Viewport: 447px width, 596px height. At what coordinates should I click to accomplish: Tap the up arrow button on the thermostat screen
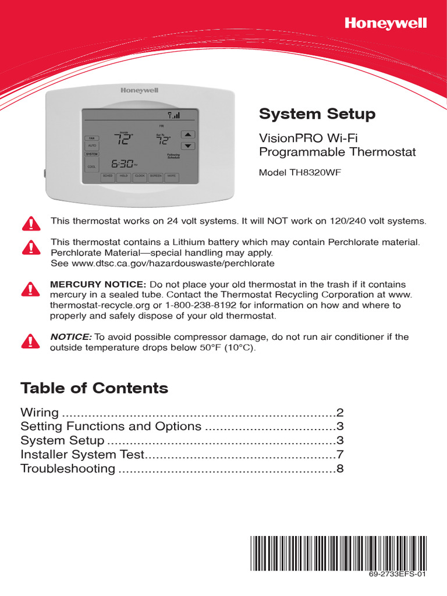click(x=187, y=134)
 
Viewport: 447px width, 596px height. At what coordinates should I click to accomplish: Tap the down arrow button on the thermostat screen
click(x=187, y=146)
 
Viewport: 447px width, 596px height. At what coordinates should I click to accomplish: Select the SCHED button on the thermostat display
click(x=108, y=176)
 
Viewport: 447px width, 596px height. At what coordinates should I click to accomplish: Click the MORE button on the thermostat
click(x=171, y=176)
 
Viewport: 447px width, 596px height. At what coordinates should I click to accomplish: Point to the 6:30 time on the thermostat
click(x=124, y=164)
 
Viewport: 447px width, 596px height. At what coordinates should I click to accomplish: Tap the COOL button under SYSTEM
click(x=92, y=166)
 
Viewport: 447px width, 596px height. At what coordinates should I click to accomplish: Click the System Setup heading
click(x=317, y=114)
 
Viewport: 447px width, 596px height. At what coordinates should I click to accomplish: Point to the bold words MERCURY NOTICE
click(x=98, y=284)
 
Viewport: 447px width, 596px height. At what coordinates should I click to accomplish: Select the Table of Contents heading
click(x=94, y=388)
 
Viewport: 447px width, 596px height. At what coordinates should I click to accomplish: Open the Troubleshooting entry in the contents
click(x=68, y=469)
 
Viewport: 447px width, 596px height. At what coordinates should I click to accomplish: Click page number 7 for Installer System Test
click(x=340, y=455)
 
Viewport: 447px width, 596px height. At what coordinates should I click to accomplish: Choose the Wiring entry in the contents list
click(x=40, y=413)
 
